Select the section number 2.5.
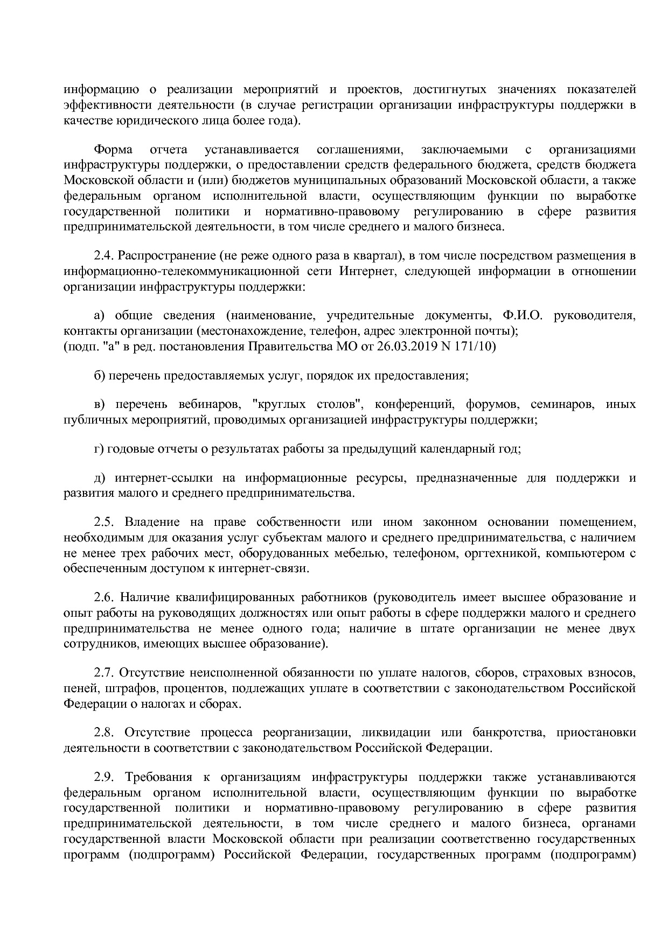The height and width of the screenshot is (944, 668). (x=105, y=522)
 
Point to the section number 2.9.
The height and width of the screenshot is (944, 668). (x=105, y=777)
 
